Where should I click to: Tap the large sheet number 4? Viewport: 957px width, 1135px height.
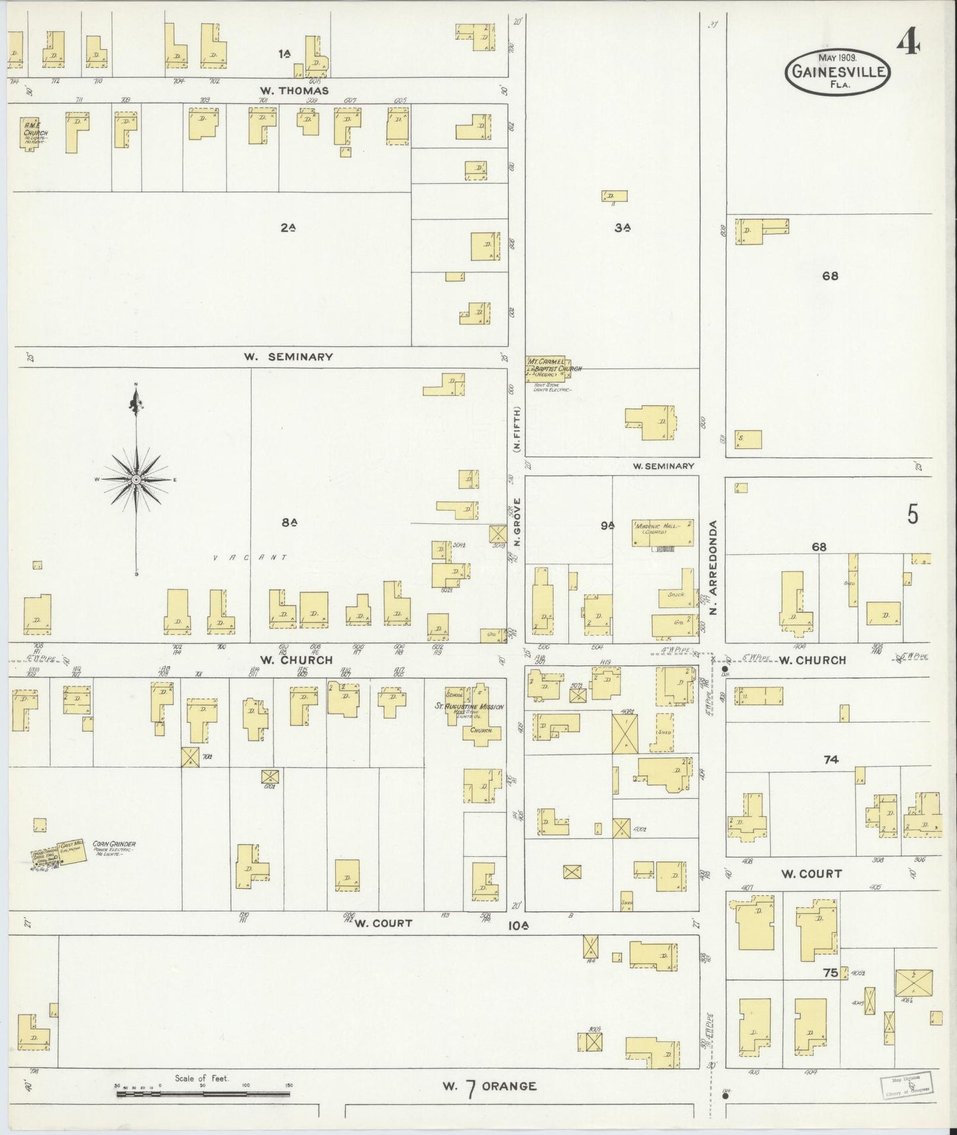(x=909, y=44)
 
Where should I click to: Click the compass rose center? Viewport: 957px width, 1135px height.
(x=135, y=479)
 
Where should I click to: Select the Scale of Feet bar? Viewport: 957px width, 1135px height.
(x=205, y=1094)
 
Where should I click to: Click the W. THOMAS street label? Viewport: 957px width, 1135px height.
(x=295, y=91)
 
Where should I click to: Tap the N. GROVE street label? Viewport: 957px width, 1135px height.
(x=517, y=522)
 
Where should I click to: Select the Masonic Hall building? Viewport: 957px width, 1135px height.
(x=662, y=532)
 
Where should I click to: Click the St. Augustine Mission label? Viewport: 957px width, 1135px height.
(x=470, y=707)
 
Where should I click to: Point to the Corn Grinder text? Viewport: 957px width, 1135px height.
(x=114, y=844)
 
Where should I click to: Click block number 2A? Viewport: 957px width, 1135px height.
(x=287, y=227)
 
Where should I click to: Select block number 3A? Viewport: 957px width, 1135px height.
(x=621, y=227)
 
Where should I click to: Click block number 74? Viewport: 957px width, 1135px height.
(x=831, y=760)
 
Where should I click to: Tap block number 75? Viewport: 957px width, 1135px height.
(x=831, y=973)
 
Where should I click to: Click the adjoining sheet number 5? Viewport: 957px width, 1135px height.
(x=913, y=515)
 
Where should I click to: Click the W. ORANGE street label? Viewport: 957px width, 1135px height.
(x=489, y=1086)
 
